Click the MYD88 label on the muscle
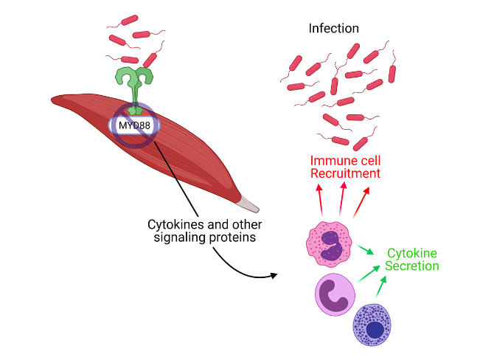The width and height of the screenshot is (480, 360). (134, 125)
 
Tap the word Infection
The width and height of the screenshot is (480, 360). (334, 28)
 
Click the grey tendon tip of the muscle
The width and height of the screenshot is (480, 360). (248, 204)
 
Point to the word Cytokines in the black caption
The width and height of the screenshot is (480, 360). (173, 224)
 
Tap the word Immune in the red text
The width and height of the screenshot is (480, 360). (330, 161)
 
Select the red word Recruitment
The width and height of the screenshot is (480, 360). (345, 173)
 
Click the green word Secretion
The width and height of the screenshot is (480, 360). (412, 266)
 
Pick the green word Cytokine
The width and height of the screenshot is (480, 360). (412, 253)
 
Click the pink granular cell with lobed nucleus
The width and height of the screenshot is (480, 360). (329, 244)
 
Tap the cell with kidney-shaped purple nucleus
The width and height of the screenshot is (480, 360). (335, 294)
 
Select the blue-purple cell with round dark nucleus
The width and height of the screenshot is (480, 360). (372, 325)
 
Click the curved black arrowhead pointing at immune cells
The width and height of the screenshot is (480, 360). (274, 275)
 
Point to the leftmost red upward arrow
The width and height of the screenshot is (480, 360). (320, 200)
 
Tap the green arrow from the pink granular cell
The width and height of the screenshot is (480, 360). (366, 249)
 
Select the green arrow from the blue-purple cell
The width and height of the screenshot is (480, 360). (381, 286)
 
